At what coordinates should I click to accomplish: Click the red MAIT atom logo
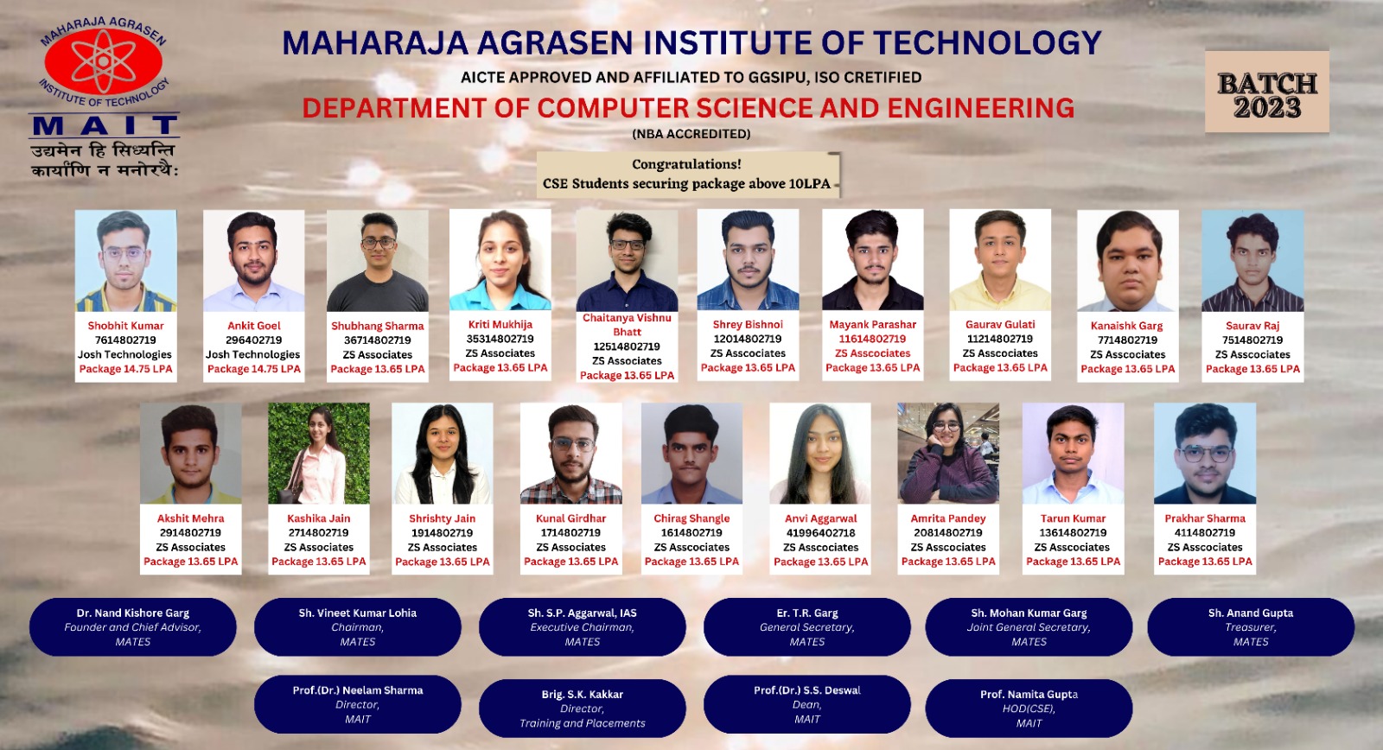click(104, 61)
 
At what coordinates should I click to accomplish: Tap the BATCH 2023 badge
click(1267, 92)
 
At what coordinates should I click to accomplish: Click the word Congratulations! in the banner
click(686, 164)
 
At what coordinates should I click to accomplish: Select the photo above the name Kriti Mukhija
click(500, 259)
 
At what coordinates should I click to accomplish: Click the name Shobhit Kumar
click(125, 326)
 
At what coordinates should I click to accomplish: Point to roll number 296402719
click(254, 340)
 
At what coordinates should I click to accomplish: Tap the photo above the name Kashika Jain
click(319, 454)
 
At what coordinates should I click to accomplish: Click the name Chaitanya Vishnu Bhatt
click(627, 325)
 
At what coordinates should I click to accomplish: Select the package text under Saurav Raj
click(1252, 369)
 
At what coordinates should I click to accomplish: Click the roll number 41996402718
click(820, 533)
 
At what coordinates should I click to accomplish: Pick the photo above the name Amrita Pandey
click(947, 454)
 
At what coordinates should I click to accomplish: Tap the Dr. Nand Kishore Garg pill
click(133, 627)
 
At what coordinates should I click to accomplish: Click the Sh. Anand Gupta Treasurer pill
click(1251, 627)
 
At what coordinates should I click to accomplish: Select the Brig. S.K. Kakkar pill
click(583, 709)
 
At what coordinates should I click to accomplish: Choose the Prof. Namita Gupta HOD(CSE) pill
click(1029, 709)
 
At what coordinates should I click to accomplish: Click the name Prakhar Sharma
click(1205, 518)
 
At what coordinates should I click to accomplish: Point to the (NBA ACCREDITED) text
click(691, 134)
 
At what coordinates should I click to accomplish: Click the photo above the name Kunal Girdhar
click(571, 454)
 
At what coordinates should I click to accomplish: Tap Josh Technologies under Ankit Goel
click(253, 354)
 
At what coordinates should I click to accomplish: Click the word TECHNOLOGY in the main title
click(987, 43)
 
